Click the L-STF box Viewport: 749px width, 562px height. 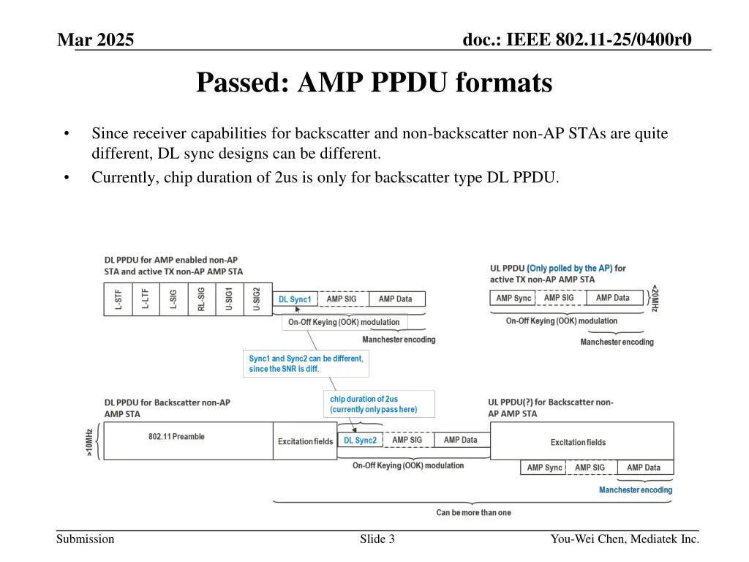(x=118, y=299)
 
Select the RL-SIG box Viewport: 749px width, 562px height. (x=202, y=299)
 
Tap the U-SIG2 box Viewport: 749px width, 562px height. (x=257, y=299)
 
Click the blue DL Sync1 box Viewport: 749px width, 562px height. (x=295, y=299)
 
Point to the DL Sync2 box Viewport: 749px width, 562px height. (x=361, y=441)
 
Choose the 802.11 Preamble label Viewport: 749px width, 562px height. (x=176, y=437)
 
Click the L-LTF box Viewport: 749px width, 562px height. (x=146, y=299)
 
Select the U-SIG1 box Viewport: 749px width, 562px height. (x=230, y=299)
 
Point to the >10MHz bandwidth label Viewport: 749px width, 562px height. (x=90, y=441)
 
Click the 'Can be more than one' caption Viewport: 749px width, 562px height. (x=473, y=512)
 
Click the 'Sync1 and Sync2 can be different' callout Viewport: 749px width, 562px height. (x=306, y=364)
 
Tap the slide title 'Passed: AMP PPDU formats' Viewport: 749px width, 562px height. (x=374, y=83)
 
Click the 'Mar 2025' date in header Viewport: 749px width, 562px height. (x=96, y=40)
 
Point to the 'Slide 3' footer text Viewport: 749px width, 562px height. (x=377, y=539)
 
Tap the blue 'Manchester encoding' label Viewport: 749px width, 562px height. (x=636, y=490)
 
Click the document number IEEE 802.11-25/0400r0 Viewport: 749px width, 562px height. (x=577, y=39)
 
